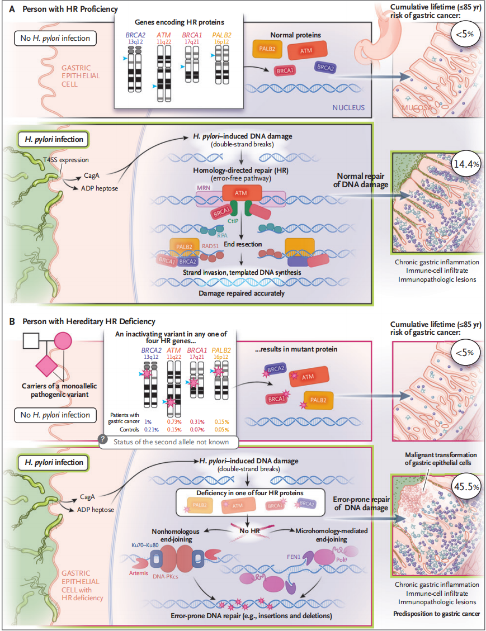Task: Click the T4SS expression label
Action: click(79, 160)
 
